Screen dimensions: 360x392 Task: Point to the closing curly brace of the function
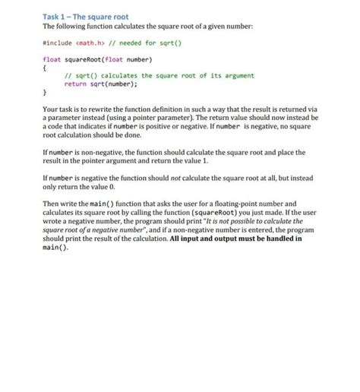coord(43,93)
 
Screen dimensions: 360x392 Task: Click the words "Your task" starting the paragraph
coord(57,110)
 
